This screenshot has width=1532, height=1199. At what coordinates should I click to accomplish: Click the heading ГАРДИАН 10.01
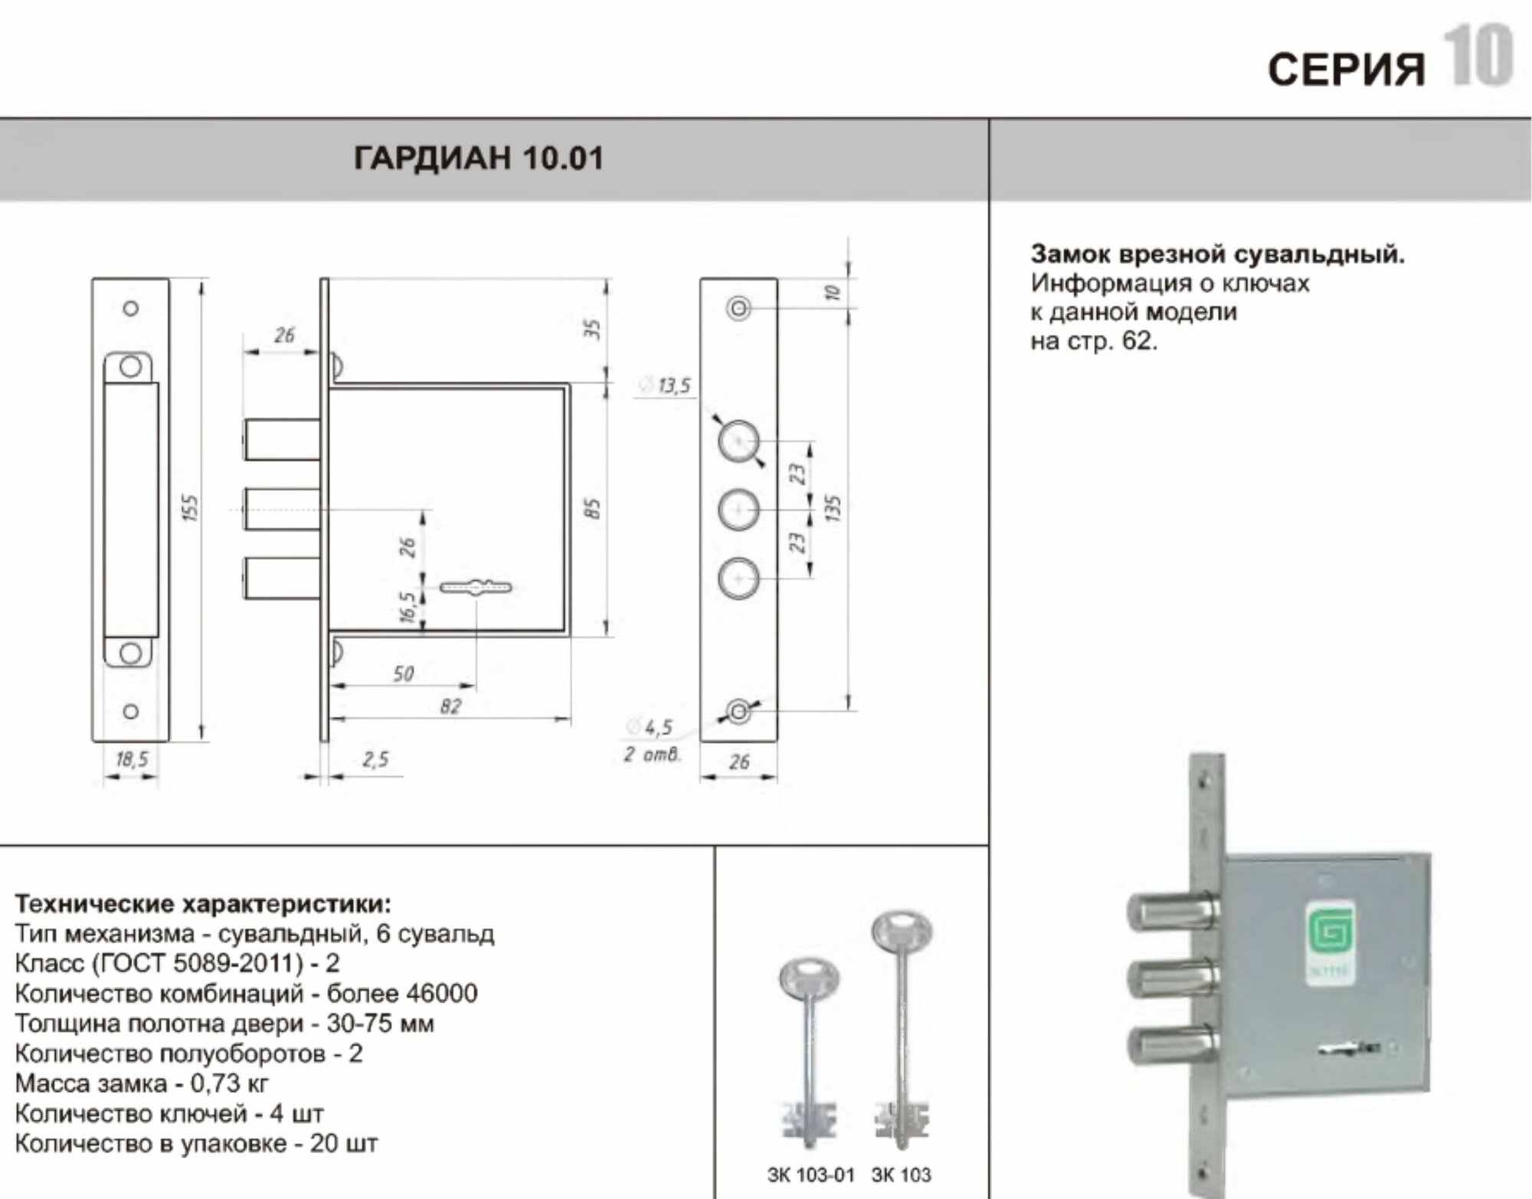pos(478,158)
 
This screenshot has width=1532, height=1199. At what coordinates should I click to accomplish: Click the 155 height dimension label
pos(191,508)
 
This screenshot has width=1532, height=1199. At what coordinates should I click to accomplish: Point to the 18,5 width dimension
pos(132,759)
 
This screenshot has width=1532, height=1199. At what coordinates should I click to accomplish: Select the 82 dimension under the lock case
pos(450,706)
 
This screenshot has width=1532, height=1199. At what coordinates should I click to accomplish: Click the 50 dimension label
pos(403,673)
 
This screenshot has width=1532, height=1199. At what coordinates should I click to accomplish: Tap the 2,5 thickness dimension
pos(375,759)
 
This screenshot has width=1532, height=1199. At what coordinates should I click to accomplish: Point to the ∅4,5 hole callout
pos(650,727)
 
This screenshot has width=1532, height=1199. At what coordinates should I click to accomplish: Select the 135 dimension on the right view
pos(834,508)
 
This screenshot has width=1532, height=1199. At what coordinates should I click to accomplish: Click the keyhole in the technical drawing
pos(476,588)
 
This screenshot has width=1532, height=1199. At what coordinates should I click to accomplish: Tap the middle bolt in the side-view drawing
pos(282,509)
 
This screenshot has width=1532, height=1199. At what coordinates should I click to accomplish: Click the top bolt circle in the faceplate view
pos(738,442)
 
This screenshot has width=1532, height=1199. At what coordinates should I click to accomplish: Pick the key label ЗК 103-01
pos(810,1174)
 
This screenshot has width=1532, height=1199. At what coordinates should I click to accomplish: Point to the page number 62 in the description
pos(1137,341)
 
